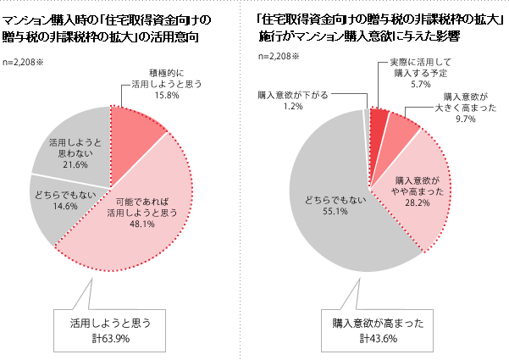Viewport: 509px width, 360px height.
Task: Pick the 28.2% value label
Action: pyautogui.click(x=418, y=202)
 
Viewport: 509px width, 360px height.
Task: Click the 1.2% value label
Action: pyautogui.click(x=293, y=106)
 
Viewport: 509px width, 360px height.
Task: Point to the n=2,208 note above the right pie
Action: pyautogui.click(x=281, y=58)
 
